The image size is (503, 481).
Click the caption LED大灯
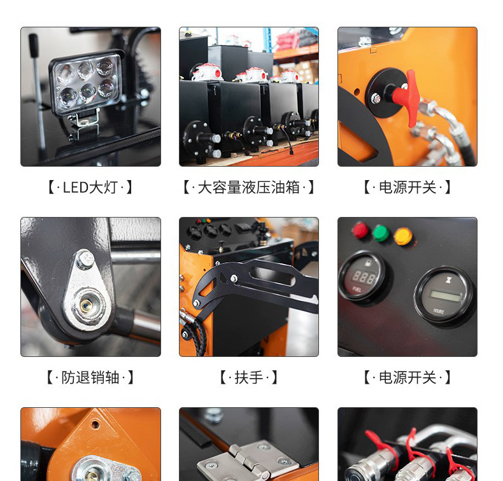click(x=90, y=187)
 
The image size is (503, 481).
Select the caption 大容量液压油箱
click(x=248, y=187)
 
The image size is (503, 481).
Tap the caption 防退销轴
click(x=90, y=377)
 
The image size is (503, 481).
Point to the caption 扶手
click(x=248, y=377)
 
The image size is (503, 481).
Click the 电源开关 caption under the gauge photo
click(x=407, y=377)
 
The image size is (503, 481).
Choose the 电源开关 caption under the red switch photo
click(x=407, y=187)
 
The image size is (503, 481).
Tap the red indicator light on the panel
click(x=360, y=230)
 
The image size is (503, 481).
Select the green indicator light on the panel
click(x=381, y=233)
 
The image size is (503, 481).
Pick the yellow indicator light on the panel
click(x=403, y=236)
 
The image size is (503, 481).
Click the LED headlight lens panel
click(x=87, y=83)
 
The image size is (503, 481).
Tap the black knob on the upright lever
click(x=33, y=45)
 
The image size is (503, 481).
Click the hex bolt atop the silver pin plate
click(x=85, y=258)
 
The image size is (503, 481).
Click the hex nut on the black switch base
click(x=376, y=99)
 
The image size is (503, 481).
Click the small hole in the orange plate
click(x=96, y=424)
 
